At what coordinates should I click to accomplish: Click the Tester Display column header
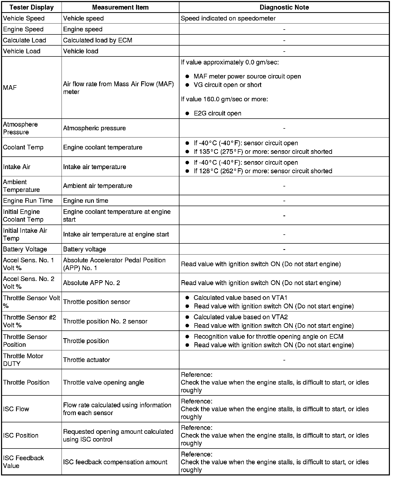pyautogui.click(x=32, y=7)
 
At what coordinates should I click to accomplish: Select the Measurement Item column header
pyautogui.click(x=120, y=7)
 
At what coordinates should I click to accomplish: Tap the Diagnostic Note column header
pyautogui.click(x=284, y=7)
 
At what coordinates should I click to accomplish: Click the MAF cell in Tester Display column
pyautogui.click(x=10, y=88)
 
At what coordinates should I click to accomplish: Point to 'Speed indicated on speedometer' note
pyautogui.click(x=228, y=18)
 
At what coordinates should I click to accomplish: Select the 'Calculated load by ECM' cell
pyautogui.click(x=97, y=40)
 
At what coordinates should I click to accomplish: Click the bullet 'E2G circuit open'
pyautogui.click(x=217, y=113)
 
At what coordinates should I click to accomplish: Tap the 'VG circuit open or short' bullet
pyautogui.click(x=227, y=85)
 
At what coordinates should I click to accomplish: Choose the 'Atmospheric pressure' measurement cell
pyautogui.click(x=94, y=128)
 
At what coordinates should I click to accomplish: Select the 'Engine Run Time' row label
pyautogui.click(x=28, y=201)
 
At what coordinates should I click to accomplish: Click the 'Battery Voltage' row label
pyautogui.click(x=25, y=249)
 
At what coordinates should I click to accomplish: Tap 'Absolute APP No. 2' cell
pyautogui.click(x=92, y=283)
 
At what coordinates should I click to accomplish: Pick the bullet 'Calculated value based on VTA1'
pyautogui.click(x=240, y=298)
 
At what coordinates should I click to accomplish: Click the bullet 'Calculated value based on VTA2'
pyautogui.click(x=240, y=317)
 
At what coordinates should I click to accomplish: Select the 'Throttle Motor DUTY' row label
pyautogui.click(x=23, y=360)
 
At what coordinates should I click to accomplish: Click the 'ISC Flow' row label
pyautogui.click(x=16, y=409)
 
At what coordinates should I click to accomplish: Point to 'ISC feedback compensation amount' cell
pyautogui.click(x=115, y=462)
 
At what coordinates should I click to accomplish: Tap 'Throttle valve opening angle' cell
pyautogui.click(x=103, y=382)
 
